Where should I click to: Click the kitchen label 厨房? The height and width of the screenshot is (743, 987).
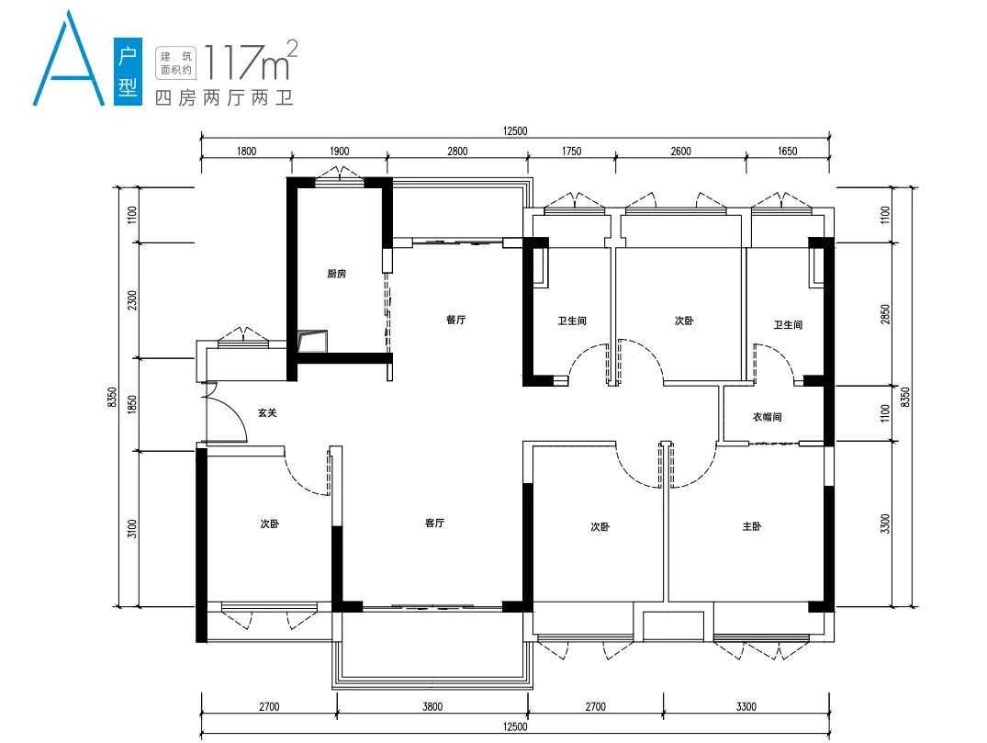(337, 274)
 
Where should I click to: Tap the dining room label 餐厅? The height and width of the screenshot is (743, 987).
(455, 320)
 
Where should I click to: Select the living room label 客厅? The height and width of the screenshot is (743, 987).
(435, 523)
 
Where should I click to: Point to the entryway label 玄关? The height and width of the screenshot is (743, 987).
(267, 413)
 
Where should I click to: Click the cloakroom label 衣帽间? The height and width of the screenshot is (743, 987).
(768, 417)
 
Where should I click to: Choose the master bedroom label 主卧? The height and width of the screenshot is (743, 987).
(752, 526)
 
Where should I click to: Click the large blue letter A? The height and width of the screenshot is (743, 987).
(69, 59)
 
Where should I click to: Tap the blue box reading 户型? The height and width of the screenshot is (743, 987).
(128, 71)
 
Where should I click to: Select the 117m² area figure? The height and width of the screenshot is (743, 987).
(251, 61)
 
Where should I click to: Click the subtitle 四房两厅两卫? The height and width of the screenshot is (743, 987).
(224, 97)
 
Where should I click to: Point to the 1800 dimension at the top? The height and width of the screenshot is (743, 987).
(247, 152)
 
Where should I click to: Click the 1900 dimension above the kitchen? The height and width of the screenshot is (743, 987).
(340, 152)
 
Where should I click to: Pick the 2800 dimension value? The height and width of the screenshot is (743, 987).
(457, 152)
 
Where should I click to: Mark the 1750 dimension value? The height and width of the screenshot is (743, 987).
(572, 152)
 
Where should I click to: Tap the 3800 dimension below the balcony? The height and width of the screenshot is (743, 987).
(432, 706)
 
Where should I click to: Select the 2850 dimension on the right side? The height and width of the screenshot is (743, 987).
(886, 314)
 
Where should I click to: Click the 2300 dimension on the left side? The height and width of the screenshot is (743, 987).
(131, 300)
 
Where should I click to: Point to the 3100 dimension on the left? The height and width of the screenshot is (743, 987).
(131, 528)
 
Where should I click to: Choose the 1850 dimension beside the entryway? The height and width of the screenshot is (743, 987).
(131, 404)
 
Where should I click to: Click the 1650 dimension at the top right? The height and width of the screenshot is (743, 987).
(788, 152)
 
